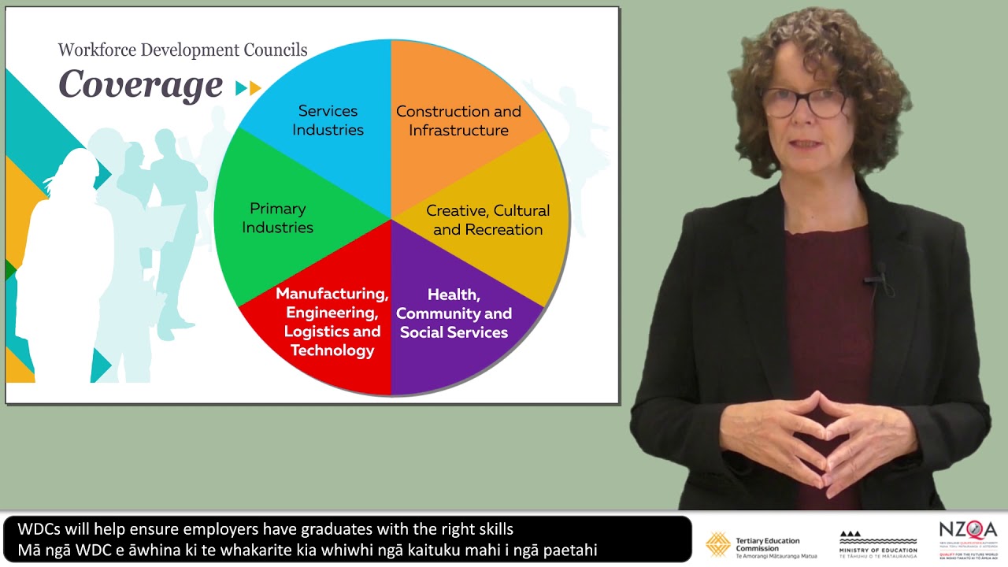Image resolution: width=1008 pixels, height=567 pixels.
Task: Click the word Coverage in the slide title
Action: pos(140,85)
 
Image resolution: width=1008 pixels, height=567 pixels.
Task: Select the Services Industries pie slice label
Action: pos(328,120)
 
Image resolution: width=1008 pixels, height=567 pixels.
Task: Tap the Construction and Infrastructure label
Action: pos(458,120)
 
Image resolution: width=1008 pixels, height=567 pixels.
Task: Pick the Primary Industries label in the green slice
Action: pos(277,218)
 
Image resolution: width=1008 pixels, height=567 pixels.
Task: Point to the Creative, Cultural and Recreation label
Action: pos(487,220)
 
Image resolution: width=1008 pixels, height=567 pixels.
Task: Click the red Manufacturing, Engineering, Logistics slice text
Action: pos(332,322)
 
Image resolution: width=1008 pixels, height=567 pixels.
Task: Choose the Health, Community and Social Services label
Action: pos(454,313)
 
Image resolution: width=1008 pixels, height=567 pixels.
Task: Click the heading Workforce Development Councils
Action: pos(183,50)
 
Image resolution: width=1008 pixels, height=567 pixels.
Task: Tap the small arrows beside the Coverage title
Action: pos(248,88)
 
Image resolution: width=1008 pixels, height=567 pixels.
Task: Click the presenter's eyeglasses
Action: pos(803,102)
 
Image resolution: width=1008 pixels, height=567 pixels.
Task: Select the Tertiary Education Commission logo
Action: pos(761,544)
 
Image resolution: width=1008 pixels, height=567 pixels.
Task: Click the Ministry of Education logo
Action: pos(878,544)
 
